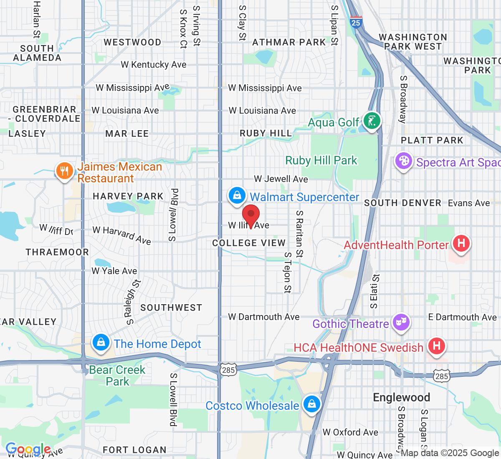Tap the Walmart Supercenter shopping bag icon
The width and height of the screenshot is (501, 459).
coord(237,195)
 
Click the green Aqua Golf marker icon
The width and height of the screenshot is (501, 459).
coord(371,121)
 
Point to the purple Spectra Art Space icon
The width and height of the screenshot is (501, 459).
coord(403,161)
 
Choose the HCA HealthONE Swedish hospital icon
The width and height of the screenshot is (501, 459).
coord(436,346)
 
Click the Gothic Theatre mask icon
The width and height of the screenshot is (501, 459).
coord(401,322)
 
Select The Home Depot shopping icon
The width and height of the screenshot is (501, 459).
coord(101,343)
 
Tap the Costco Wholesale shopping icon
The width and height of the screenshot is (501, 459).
coord(311,404)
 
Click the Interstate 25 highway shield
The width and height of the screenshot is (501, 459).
coord(356,22)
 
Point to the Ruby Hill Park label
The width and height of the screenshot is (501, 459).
coord(321,161)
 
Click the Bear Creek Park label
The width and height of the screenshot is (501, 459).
coord(117,376)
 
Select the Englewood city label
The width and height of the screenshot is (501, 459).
coord(401,397)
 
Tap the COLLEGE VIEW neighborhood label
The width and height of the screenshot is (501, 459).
coord(249,243)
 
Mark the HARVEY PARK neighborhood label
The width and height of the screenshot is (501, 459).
coord(128,196)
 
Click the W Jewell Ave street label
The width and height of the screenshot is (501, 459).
coord(281,179)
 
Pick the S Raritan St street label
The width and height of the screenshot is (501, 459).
coord(299,234)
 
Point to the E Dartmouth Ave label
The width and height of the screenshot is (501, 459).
coord(463,317)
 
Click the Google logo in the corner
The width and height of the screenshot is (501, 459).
coord(28,449)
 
